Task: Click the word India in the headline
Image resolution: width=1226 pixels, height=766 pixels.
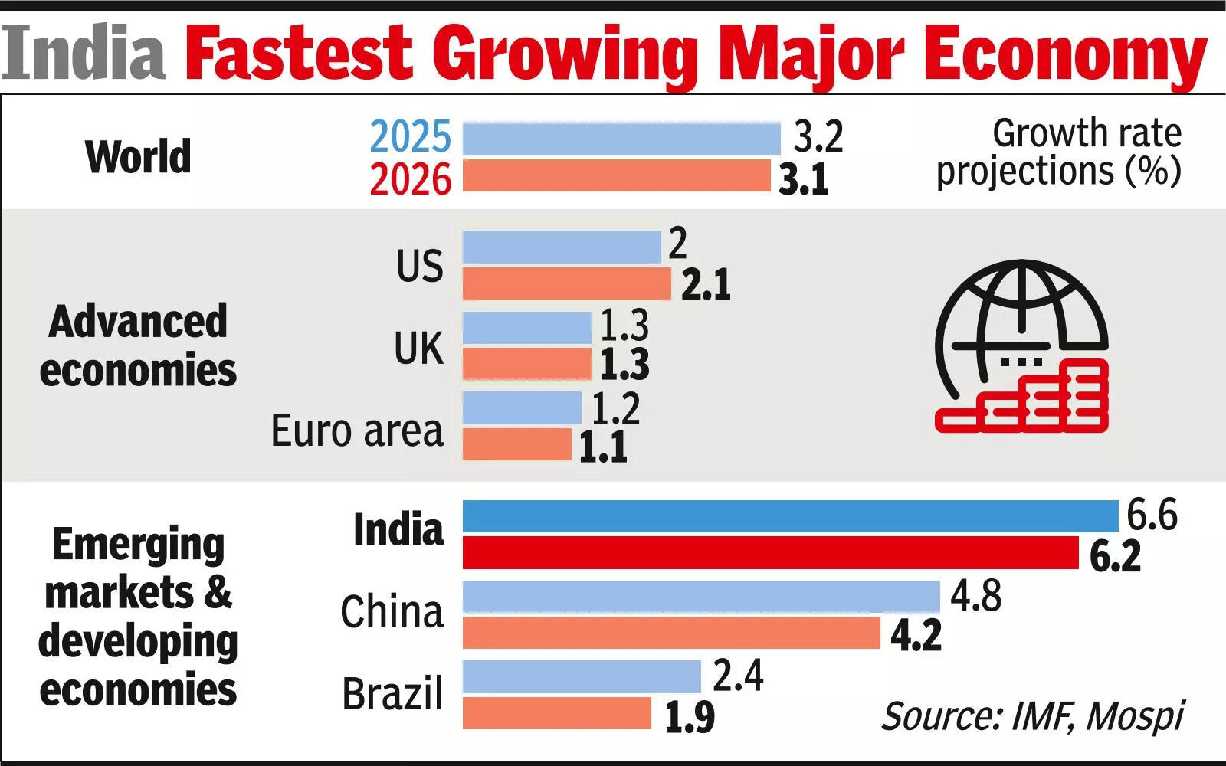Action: (84, 52)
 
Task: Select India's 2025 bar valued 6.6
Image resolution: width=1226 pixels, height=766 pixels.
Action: (790, 516)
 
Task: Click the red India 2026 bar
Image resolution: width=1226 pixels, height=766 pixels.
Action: (770, 552)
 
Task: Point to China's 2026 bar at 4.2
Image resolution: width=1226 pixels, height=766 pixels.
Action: (671, 633)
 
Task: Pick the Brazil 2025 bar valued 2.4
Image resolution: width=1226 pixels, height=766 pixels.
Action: (582, 676)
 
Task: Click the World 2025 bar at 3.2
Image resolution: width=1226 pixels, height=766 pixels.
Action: (621, 139)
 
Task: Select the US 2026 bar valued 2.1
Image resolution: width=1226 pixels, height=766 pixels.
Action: (566, 283)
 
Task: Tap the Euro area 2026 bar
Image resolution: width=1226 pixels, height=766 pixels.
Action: (517, 444)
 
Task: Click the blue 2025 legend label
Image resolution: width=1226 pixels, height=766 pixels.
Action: (411, 138)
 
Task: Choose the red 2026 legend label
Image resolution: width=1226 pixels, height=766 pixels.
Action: (411, 179)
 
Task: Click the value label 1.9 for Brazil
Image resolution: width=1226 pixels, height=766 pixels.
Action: (689, 717)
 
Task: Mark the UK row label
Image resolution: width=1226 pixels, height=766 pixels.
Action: (418, 349)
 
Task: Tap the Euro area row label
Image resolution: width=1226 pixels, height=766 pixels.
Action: (357, 430)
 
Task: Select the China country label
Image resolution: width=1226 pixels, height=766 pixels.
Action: (392, 612)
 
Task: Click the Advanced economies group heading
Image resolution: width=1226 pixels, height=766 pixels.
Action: (138, 345)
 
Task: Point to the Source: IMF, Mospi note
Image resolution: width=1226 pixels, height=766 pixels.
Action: (1032, 716)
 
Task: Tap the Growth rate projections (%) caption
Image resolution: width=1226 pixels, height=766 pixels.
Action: (1060, 152)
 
